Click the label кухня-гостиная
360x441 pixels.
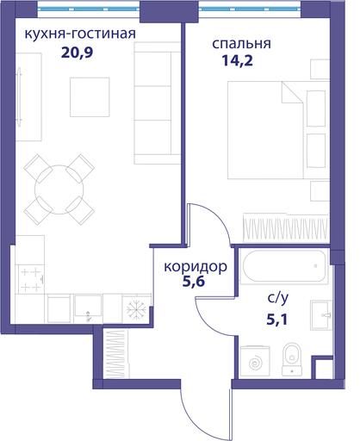point(80,34)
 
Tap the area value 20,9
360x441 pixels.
point(78,53)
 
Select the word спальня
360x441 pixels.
point(241,44)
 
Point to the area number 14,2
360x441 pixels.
point(237,61)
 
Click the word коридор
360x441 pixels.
point(196,267)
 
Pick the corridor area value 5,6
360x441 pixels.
point(194,282)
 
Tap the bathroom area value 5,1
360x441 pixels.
point(277,320)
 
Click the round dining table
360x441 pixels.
point(59,189)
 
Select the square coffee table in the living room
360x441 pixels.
point(90,97)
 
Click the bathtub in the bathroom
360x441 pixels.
point(284,266)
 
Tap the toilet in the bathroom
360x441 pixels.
point(292,359)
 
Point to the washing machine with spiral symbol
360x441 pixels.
point(255,361)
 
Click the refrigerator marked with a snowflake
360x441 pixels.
point(136,308)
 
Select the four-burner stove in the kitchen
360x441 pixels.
point(31,279)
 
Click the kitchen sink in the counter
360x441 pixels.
point(88,308)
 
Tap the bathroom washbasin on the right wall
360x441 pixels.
point(321,315)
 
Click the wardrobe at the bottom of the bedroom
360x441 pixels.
point(286,227)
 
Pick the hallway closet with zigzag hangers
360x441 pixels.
point(116,354)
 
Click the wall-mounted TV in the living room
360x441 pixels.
point(19,96)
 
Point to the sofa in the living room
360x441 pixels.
point(157,103)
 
